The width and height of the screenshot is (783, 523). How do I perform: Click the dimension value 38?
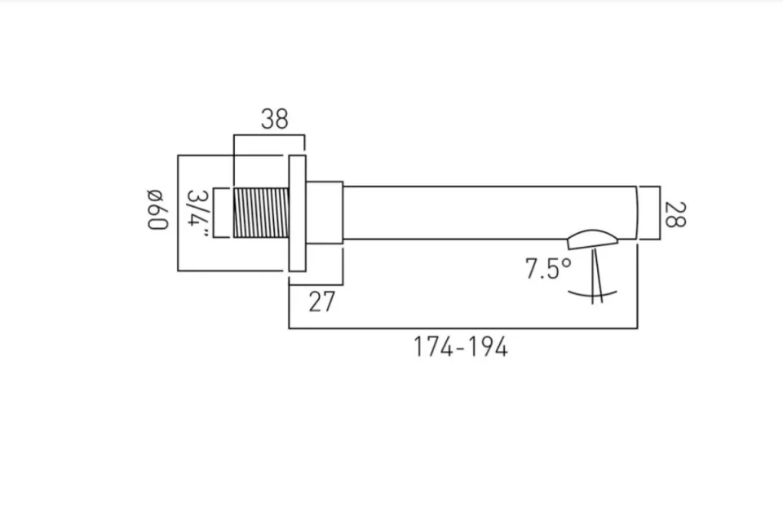click(x=275, y=119)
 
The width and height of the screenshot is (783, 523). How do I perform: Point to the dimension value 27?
click(x=321, y=301)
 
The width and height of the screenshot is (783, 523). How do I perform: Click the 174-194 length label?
click(x=460, y=347)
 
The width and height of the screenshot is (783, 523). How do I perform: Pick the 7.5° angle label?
click(x=547, y=269)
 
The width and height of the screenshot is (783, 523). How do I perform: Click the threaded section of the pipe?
click(x=261, y=213)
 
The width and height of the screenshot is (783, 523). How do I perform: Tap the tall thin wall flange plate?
click(x=297, y=213)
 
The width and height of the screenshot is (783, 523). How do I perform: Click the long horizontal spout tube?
click(x=489, y=213)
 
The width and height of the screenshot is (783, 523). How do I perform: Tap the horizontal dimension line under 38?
click(x=269, y=135)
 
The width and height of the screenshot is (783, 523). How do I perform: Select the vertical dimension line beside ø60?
click(x=178, y=213)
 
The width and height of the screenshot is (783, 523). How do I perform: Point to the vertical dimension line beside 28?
click(x=657, y=213)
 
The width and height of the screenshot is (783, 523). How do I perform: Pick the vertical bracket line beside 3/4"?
click(x=214, y=213)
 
